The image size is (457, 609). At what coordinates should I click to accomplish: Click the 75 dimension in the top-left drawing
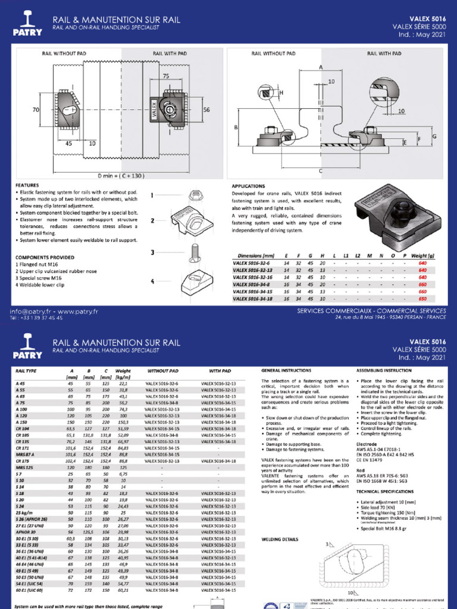(x=165, y=76)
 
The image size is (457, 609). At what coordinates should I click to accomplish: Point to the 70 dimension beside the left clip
(x=35, y=110)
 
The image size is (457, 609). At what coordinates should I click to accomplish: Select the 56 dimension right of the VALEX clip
(x=207, y=110)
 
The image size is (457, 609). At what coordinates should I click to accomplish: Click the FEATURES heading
(x=27, y=186)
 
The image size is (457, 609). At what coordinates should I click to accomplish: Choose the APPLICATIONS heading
(x=250, y=186)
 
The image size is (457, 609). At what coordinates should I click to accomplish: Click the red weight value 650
(x=422, y=299)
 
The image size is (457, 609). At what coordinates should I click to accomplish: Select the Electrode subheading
(x=367, y=444)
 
